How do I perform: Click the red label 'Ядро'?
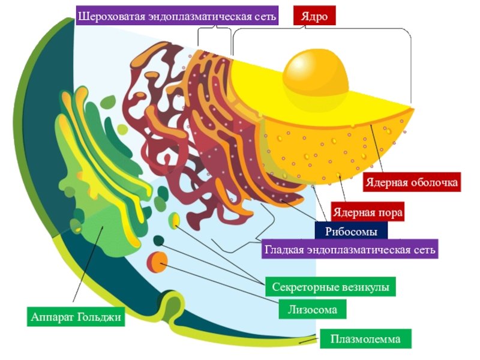click(314, 16)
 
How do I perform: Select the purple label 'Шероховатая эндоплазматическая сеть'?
click(178, 16)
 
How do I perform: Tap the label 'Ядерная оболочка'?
click(412, 182)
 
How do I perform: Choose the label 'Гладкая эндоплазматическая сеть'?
click(350, 248)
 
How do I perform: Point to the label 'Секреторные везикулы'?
click(331, 287)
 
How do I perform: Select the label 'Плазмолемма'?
click(365, 339)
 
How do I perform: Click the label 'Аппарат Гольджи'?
click(76, 316)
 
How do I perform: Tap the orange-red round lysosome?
click(157, 262)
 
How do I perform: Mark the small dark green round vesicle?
click(158, 241)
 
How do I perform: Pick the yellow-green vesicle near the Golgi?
click(174, 220)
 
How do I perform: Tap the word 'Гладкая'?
click(286, 248)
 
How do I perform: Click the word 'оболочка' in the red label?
click(434, 182)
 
